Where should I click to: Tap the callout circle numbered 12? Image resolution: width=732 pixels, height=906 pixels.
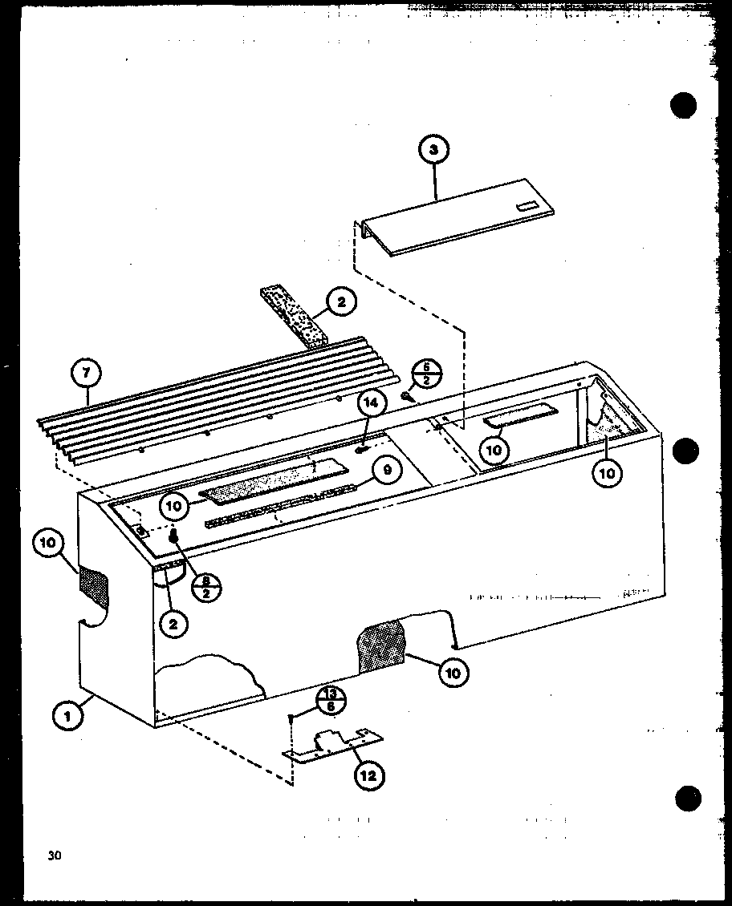[x=368, y=775]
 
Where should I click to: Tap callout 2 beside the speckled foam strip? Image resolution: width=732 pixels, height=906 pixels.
[x=340, y=302]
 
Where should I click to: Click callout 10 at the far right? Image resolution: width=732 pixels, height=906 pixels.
[x=608, y=473]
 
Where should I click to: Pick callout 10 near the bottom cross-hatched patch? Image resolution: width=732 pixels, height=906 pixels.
[x=453, y=673]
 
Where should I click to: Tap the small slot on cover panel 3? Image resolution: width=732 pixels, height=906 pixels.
[x=527, y=207]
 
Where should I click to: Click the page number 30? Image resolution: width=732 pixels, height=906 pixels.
[x=54, y=855]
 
